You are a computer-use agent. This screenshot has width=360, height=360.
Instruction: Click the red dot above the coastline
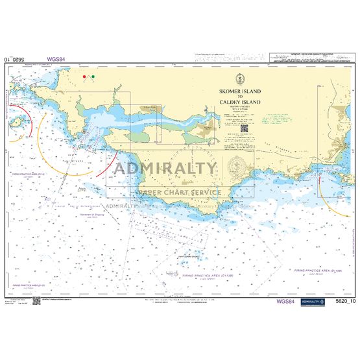click(85, 77)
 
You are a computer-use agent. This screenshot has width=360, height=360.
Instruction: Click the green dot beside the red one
click(92, 77)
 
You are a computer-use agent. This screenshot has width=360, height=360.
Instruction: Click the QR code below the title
click(245, 128)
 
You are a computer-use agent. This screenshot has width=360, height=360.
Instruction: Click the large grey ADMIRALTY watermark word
click(165, 167)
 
